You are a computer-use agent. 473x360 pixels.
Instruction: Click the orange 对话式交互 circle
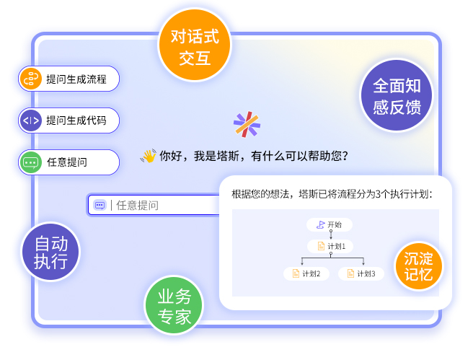pyautogui.click(x=195, y=45)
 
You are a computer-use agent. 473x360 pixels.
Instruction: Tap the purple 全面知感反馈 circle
pyautogui.click(x=397, y=95)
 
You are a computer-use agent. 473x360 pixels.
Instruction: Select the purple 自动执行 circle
pyautogui.click(x=50, y=252)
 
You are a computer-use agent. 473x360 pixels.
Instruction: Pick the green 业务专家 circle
pyautogui.click(x=174, y=305)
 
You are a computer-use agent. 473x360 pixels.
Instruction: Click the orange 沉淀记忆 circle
pyautogui.click(x=419, y=265)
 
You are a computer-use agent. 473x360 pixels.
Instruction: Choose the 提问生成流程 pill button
pyautogui.click(x=68, y=79)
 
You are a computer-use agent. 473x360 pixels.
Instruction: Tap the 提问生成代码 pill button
pyautogui.click(x=68, y=120)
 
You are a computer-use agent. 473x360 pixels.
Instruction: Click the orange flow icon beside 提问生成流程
pyautogui.click(x=30, y=79)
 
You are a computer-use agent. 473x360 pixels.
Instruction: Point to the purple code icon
pyautogui.click(x=30, y=120)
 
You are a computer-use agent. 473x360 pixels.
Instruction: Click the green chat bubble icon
pyautogui.click(x=30, y=162)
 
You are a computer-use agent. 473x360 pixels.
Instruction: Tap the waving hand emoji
pyautogui.click(x=148, y=156)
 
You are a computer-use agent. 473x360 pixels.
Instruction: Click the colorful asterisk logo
pyautogui.click(x=247, y=124)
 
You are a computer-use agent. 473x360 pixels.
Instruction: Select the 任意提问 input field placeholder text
pyautogui.click(x=137, y=205)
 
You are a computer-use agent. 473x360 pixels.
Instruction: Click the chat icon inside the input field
pyautogui.click(x=100, y=205)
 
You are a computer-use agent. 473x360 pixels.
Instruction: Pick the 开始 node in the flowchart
pyautogui.click(x=330, y=225)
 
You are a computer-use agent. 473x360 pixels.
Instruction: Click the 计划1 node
pyautogui.click(x=330, y=246)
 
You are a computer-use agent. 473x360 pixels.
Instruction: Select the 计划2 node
pyautogui.click(x=306, y=273)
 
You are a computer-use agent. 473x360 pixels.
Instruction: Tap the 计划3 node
pyautogui.click(x=361, y=273)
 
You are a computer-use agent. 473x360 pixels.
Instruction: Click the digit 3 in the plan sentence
pyautogui.click(x=379, y=194)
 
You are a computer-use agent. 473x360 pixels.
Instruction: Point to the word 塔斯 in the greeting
pyautogui.click(x=228, y=156)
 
